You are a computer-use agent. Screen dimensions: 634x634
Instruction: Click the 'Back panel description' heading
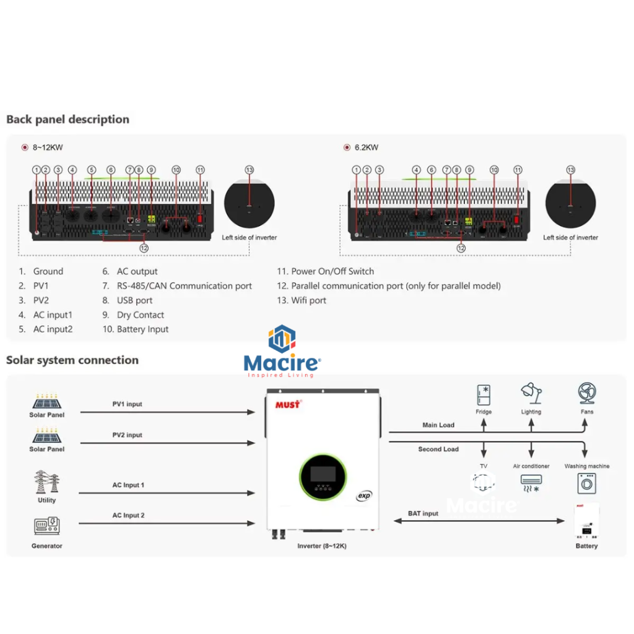click(67, 119)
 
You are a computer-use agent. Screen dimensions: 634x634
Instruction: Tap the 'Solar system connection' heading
click(72, 360)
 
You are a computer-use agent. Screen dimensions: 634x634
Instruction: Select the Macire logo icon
click(282, 339)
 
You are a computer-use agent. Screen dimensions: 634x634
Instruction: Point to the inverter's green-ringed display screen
click(323, 475)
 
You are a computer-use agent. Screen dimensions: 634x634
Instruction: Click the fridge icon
click(484, 395)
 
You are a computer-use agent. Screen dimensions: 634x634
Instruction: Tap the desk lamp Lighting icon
click(531, 394)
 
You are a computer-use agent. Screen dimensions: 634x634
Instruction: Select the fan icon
click(586, 393)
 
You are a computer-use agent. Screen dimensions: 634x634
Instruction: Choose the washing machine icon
click(586, 484)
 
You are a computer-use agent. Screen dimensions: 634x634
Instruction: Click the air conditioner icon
click(531, 482)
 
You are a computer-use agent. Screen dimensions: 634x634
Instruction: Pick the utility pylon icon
click(46, 482)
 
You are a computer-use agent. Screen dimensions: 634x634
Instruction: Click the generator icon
click(46, 526)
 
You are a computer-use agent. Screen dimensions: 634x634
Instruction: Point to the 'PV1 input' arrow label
click(127, 404)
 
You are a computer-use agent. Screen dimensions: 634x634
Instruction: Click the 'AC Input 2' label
click(128, 515)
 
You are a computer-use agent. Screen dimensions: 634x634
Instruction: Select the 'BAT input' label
click(423, 514)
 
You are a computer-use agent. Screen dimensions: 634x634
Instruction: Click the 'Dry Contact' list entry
click(141, 315)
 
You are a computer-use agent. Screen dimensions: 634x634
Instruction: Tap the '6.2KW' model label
click(367, 147)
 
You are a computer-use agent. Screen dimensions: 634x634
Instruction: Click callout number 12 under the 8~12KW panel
click(144, 248)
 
